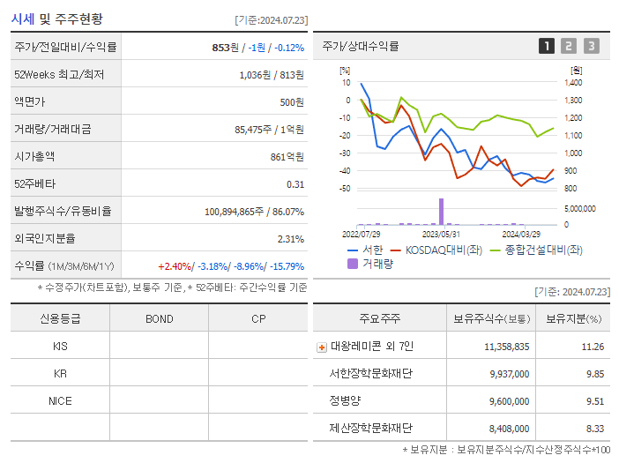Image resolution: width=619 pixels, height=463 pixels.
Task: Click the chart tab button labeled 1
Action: pyautogui.click(x=547, y=46)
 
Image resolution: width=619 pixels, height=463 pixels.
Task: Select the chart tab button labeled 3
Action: pyautogui.click(x=591, y=46)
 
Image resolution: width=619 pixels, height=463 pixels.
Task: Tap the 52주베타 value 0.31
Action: pyautogui.click(x=295, y=183)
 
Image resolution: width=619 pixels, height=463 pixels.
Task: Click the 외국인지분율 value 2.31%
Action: pyautogui.click(x=290, y=238)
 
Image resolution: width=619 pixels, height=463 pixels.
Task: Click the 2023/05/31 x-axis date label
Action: pyautogui.click(x=441, y=234)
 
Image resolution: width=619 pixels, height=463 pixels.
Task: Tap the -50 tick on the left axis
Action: pyautogui.click(x=346, y=189)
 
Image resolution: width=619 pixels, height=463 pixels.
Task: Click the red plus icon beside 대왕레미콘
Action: pyautogui.click(x=321, y=347)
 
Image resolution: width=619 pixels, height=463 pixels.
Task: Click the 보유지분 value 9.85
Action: pyautogui.click(x=594, y=374)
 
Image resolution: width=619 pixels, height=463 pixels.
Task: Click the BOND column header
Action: pyautogui.click(x=159, y=318)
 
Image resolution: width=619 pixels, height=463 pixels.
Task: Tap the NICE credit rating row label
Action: pyautogui.click(x=60, y=400)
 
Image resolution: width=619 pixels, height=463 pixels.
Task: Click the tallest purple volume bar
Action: pyautogui.click(x=441, y=212)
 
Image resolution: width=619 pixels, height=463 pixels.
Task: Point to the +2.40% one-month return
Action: pyautogui.click(x=175, y=265)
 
